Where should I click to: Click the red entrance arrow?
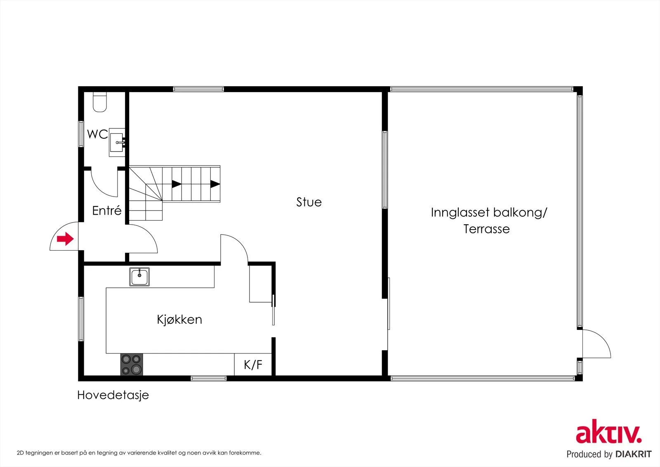click(x=65, y=239)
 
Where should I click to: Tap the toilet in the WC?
click(x=99, y=102)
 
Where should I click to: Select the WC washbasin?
click(x=117, y=142)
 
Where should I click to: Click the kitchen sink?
click(x=139, y=277)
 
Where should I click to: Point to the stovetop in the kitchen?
click(x=132, y=364)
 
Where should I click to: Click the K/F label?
click(x=253, y=365)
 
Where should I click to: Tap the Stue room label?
click(x=309, y=202)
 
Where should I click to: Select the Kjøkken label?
click(x=179, y=320)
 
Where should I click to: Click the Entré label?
click(x=107, y=210)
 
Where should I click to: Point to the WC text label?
click(x=97, y=134)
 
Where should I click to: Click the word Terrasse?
click(x=486, y=229)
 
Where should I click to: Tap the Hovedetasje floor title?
click(x=113, y=395)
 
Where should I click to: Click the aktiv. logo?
click(x=609, y=431)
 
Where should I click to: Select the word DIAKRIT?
click(x=634, y=454)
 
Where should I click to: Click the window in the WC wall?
click(x=81, y=134)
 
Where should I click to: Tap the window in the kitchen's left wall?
click(x=81, y=319)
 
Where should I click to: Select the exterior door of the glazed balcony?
click(x=596, y=344)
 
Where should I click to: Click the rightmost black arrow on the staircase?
click(x=215, y=184)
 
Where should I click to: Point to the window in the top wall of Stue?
click(x=198, y=89)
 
